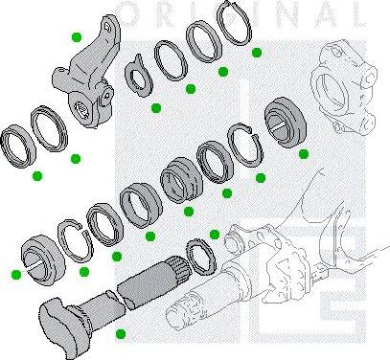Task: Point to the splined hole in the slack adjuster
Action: click(92, 113)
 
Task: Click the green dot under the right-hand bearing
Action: click(304, 152)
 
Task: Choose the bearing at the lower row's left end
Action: click(41, 251)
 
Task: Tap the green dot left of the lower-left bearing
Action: click(16, 274)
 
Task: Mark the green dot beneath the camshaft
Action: click(120, 334)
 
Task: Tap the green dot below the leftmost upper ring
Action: click(37, 176)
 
